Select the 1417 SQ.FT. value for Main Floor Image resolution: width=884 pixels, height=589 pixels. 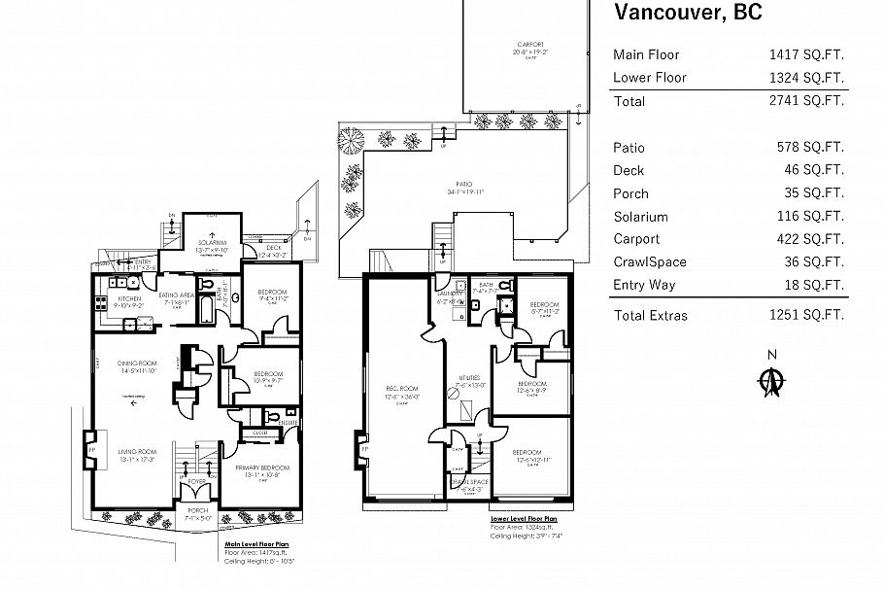coord(805,54)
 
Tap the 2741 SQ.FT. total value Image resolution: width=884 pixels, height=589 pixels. coord(805,100)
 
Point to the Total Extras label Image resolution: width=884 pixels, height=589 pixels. coord(650,315)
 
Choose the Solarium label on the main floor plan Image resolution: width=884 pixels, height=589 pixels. coord(211,242)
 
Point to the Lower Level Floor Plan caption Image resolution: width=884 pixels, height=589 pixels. coord(524,520)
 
